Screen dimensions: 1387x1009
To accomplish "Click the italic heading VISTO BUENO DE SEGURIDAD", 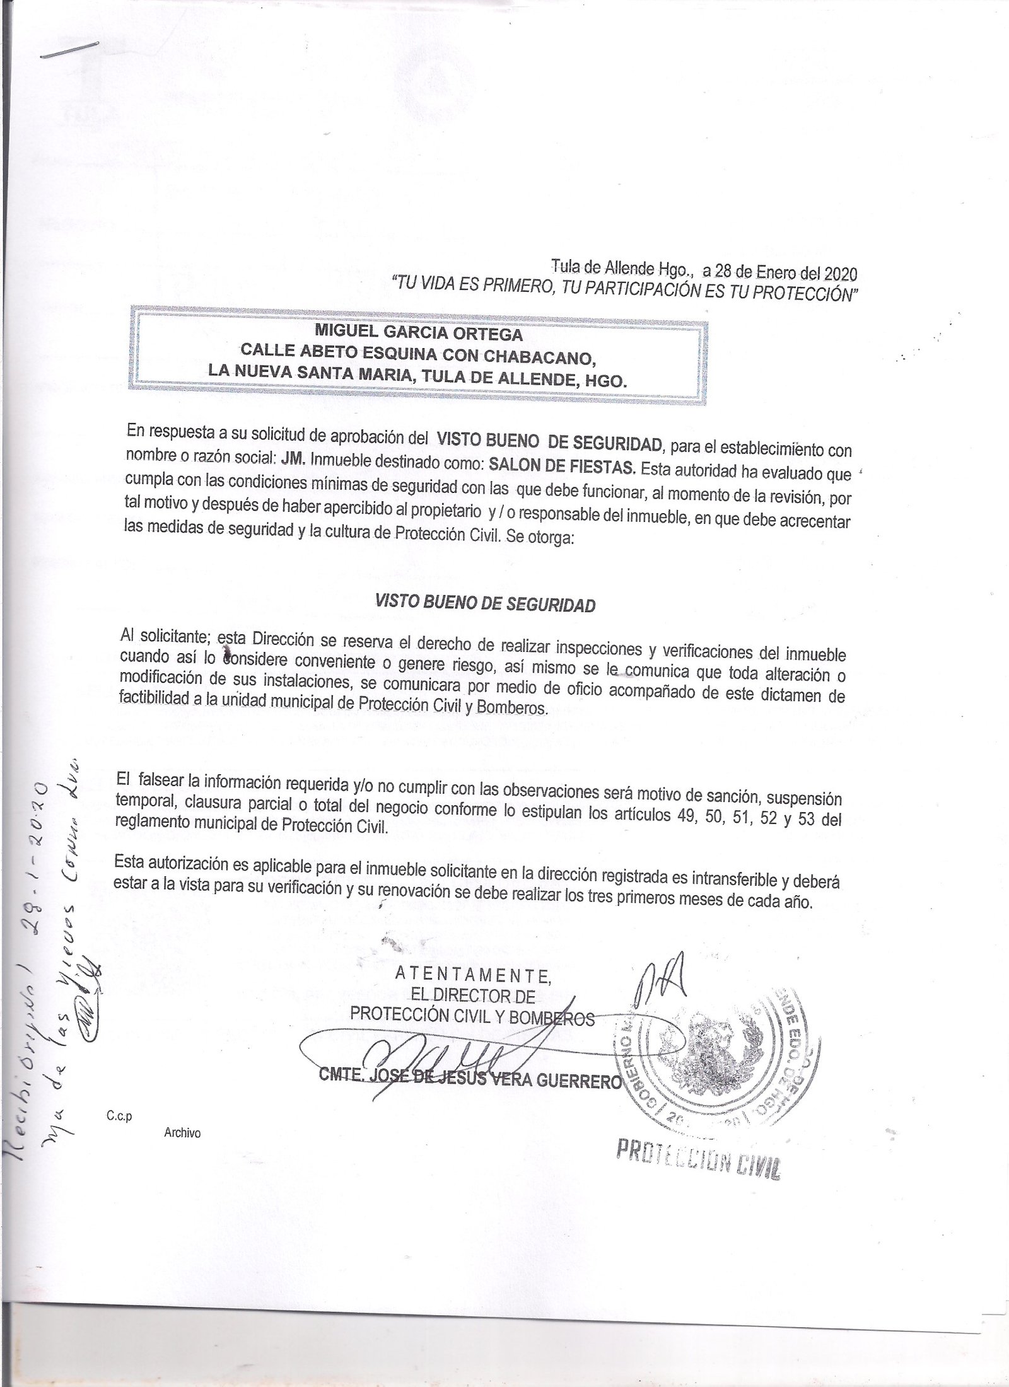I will pos(485,603).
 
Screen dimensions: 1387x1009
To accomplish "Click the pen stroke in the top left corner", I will pos(71,50).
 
